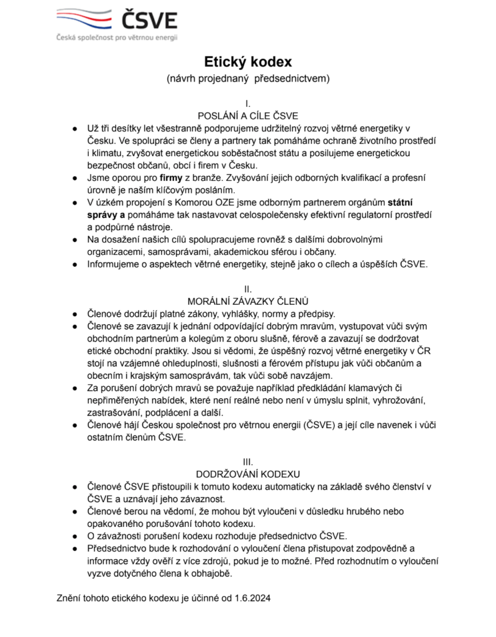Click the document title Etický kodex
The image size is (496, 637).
pos(248,62)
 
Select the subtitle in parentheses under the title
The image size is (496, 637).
pos(248,79)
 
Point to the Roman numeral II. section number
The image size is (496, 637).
pos(248,289)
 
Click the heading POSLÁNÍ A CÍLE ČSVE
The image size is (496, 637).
pos(248,116)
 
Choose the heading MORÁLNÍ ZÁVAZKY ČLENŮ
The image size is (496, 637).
pos(248,301)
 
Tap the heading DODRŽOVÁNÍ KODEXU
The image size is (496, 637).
pos(248,473)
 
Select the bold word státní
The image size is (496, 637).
pos(403,202)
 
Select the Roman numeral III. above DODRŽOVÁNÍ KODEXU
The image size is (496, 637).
pos(248,462)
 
